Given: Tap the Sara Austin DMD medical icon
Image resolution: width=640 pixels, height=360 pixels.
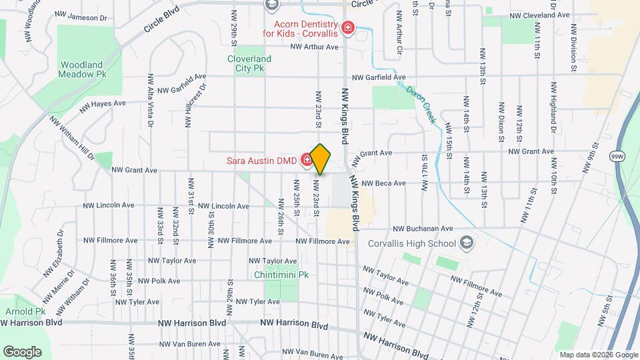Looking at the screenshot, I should [307, 159].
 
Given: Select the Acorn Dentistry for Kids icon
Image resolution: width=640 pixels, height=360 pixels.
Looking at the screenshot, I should [347, 27].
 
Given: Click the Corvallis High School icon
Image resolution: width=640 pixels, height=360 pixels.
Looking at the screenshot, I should [466, 243].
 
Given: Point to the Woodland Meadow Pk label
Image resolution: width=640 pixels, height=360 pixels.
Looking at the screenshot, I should [82, 69].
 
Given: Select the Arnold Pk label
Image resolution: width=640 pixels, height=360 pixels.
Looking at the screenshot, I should [25, 311].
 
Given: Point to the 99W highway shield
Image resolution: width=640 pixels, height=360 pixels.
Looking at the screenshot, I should [617, 156].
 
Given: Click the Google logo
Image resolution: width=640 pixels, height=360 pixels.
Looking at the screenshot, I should [22, 351].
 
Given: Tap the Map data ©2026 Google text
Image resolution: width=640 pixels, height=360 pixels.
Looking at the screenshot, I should [598, 355].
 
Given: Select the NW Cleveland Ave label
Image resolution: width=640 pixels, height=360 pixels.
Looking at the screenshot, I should [539, 15].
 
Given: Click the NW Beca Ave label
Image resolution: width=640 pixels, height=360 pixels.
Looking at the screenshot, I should [383, 183].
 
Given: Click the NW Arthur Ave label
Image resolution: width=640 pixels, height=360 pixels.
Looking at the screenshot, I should [314, 47].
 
